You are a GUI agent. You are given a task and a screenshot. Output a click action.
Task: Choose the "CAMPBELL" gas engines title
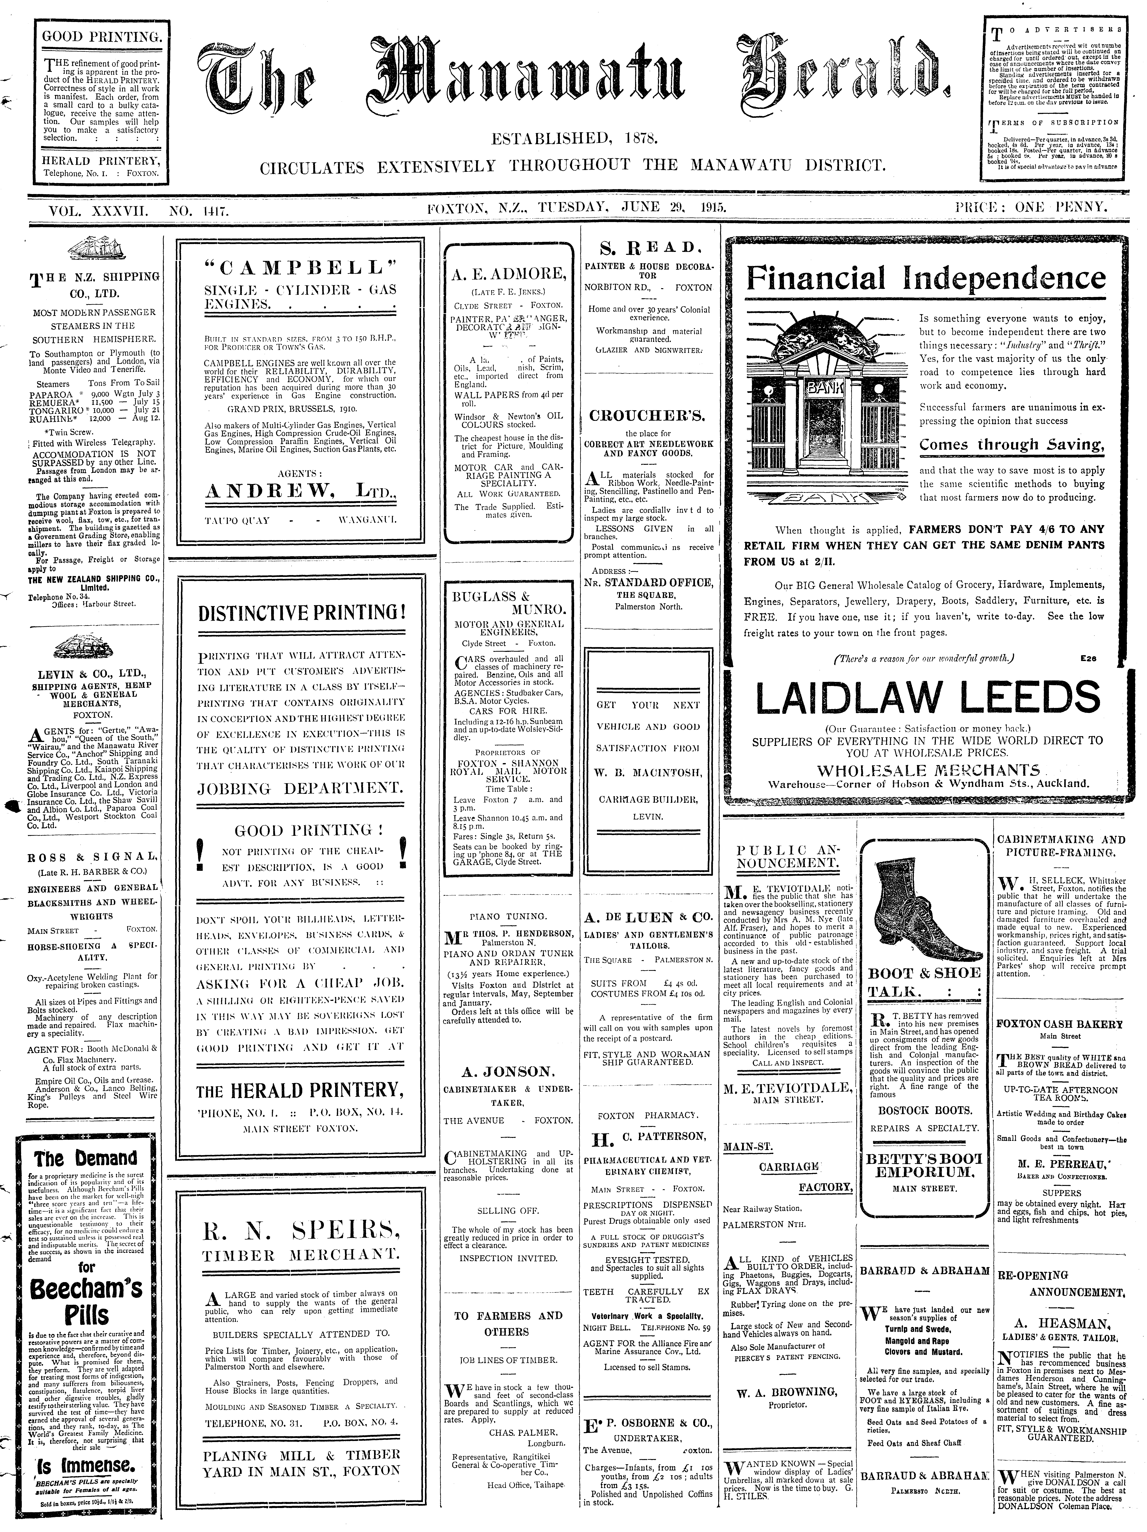pos(301,268)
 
